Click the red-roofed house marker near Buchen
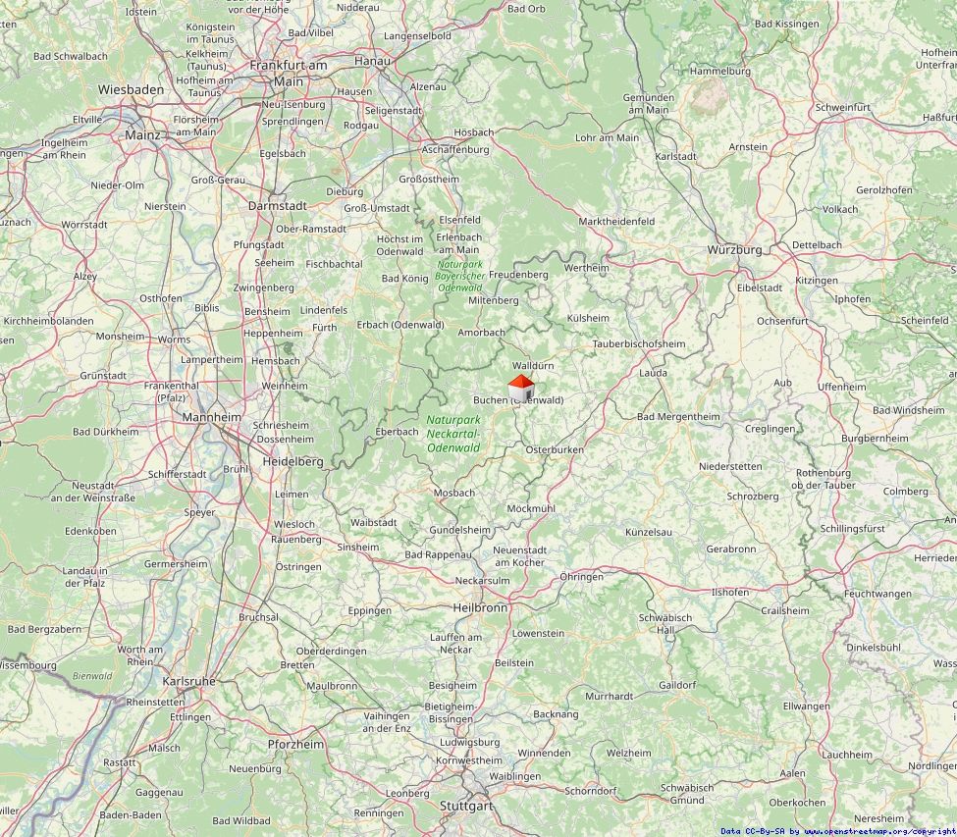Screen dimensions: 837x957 520,389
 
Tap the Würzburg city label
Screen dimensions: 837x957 734,250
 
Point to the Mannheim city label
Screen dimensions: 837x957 211,417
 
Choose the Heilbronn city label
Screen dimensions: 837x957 480,607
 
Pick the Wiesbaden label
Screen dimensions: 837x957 131,89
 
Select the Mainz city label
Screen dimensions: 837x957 142,134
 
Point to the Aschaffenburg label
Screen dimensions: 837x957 454,149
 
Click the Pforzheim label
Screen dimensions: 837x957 295,744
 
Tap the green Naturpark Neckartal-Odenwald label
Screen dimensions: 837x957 452,434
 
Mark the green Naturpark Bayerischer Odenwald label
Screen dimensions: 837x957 459,276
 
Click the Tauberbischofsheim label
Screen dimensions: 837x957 639,343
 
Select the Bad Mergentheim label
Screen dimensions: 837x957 678,416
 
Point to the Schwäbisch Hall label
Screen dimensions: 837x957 665,623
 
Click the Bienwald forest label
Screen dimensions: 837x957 92,675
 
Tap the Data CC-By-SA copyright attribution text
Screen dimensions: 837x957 837,830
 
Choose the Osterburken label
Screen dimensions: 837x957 555,449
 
